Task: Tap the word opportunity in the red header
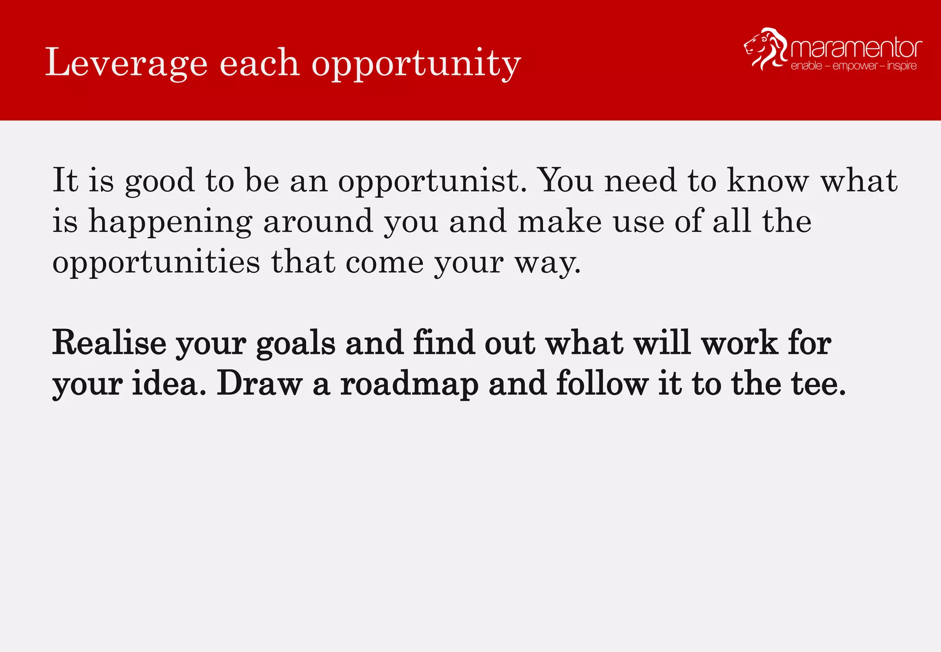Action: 416,64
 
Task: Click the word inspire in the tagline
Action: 902,66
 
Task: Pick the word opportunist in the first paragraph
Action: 432,181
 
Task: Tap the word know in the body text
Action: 767,180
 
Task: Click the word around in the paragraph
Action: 318,222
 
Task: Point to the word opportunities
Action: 156,263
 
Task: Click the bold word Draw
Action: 260,383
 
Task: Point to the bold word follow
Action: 602,383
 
